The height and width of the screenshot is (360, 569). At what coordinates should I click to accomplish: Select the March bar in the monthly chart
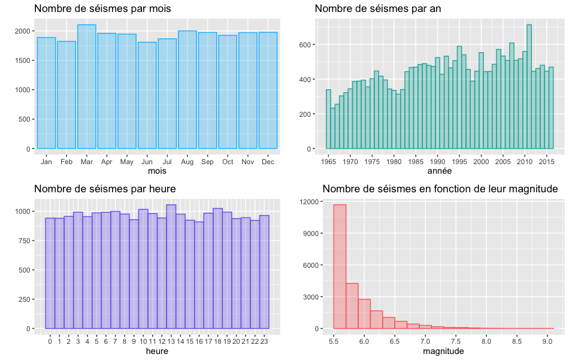coord(87,87)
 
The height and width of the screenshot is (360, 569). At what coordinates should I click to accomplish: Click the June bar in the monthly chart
coord(147,96)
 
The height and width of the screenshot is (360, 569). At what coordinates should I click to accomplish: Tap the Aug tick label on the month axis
coord(187,162)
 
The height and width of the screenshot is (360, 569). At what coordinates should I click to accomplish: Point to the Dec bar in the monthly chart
coord(268,90)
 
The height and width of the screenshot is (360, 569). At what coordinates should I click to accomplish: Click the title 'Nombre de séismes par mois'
coord(102,9)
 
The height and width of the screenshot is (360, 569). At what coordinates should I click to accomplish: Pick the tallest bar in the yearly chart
coord(529,87)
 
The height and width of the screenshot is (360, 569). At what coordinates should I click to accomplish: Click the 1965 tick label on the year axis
coord(328,162)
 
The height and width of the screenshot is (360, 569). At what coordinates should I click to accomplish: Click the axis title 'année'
coord(440,171)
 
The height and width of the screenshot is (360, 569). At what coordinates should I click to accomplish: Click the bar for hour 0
coord(50,273)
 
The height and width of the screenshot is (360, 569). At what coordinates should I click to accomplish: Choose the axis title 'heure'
coord(157,352)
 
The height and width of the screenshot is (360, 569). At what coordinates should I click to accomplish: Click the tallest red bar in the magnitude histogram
coord(340,267)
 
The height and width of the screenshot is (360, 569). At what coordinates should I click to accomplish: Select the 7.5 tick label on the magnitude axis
coord(455,341)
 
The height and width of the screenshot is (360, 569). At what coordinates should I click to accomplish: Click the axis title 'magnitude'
coord(443,352)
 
